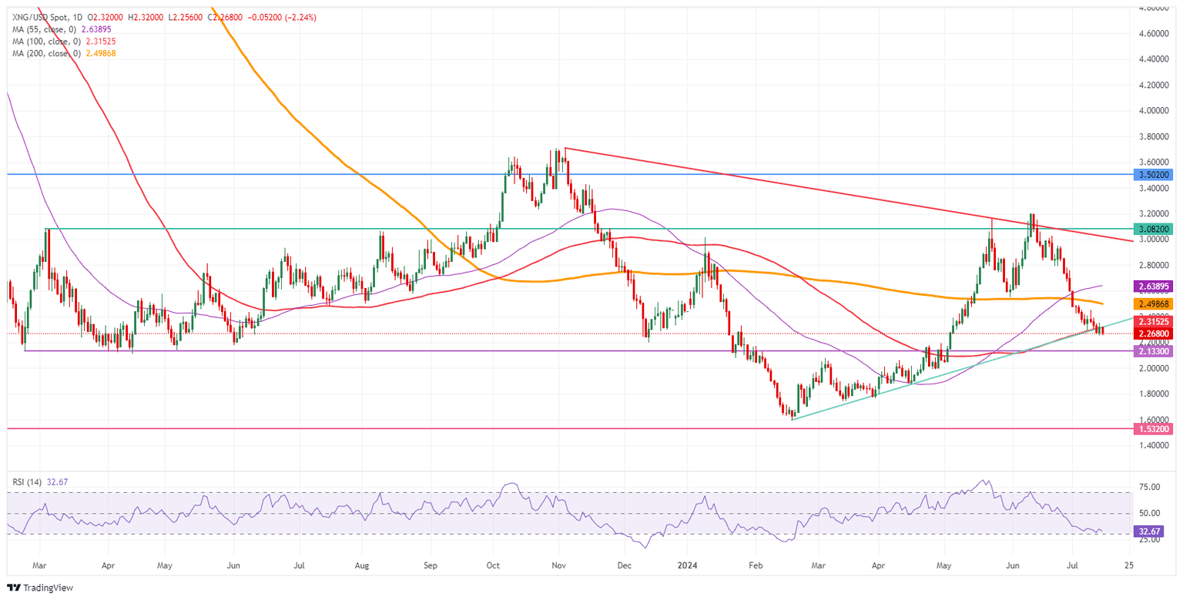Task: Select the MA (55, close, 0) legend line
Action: coord(58,29)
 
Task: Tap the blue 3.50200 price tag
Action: coord(1153,175)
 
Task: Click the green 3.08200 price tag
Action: coord(1153,229)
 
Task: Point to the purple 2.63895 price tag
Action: coord(1153,286)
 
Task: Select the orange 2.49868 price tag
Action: coord(1153,304)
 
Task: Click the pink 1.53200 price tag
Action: coord(1153,428)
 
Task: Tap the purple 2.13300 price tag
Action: coord(1153,350)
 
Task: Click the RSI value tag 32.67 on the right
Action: coord(1148,531)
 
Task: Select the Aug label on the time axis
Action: coord(364,564)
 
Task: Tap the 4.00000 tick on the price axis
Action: coord(1153,110)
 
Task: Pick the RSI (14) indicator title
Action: coord(26,481)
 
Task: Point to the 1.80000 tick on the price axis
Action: coord(1153,394)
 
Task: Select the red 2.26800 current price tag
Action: coord(1153,334)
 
